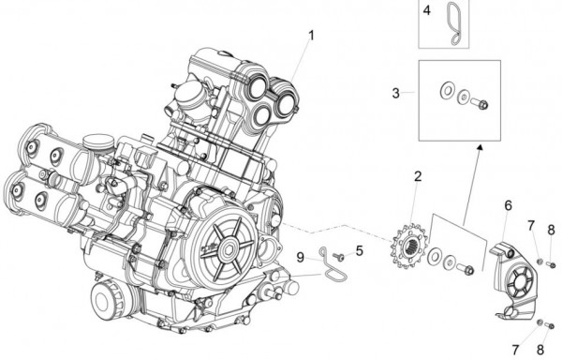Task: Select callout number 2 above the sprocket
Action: [x=418, y=176]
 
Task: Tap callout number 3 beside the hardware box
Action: [x=396, y=93]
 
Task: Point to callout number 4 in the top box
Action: [x=426, y=11]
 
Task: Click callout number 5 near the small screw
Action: [x=358, y=251]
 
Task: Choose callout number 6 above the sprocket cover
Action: [x=508, y=204]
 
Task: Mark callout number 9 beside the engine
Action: [x=301, y=256]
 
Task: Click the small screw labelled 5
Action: [x=339, y=255]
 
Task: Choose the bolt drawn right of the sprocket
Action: [x=466, y=271]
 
